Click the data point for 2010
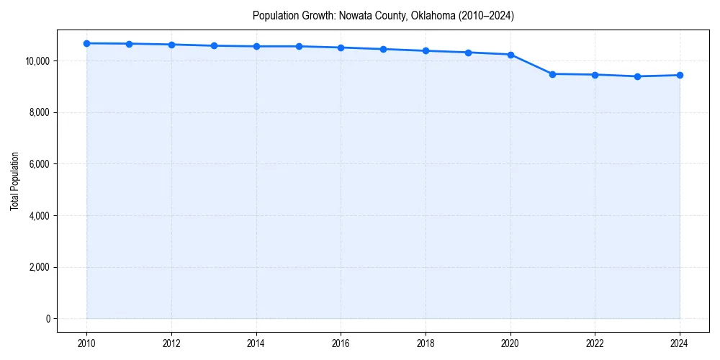click(x=86, y=43)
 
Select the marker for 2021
click(x=552, y=74)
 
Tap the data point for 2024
click(x=680, y=75)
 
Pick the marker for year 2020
click(x=510, y=55)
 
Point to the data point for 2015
click(x=299, y=46)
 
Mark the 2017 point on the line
click(x=383, y=49)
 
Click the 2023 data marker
click(x=637, y=76)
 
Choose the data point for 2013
click(x=214, y=45)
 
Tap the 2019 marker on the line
click(x=468, y=53)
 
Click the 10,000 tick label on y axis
click(x=37, y=61)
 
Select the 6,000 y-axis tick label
click(x=40, y=164)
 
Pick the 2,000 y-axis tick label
click(x=40, y=268)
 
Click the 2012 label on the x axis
click(x=171, y=343)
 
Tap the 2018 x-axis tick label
click(x=426, y=343)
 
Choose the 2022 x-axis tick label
click(x=595, y=343)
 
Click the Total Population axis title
click(x=14, y=181)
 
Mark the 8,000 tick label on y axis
click(x=40, y=113)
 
